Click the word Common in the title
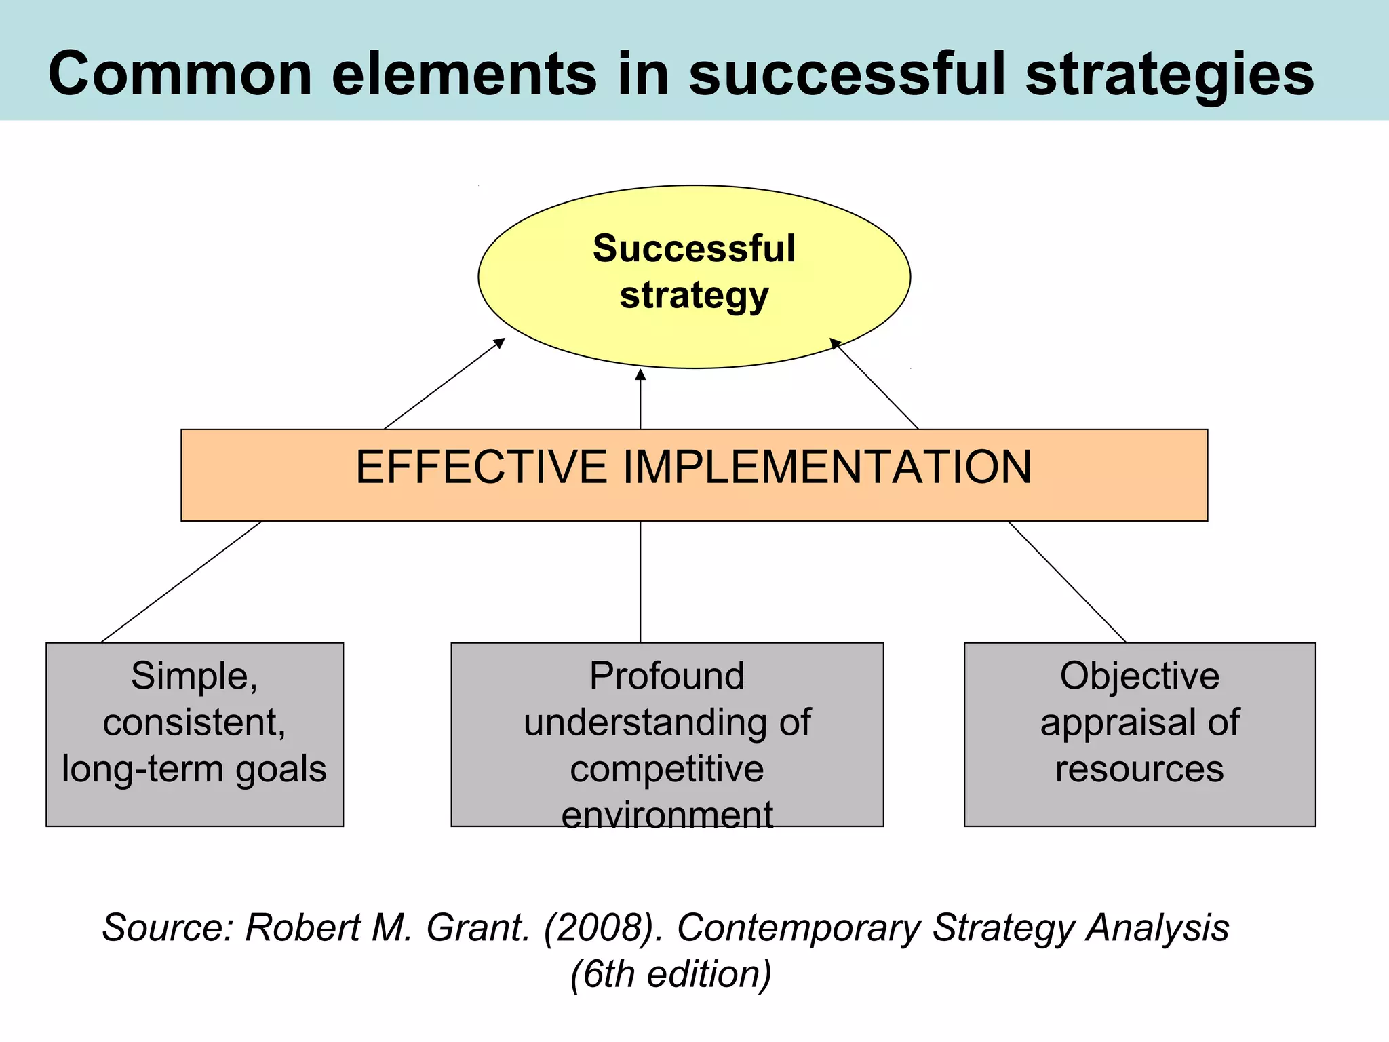click(180, 74)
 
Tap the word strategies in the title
click(1169, 74)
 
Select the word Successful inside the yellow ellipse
click(694, 248)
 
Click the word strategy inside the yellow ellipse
click(694, 296)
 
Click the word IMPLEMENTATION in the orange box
click(827, 467)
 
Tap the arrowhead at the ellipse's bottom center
click(640, 375)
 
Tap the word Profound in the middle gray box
click(667, 676)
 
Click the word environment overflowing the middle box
click(667, 815)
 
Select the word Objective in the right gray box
click(1139, 676)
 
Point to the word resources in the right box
click(1139, 769)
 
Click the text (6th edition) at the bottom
click(671, 974)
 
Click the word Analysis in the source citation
click(1157, 927)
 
